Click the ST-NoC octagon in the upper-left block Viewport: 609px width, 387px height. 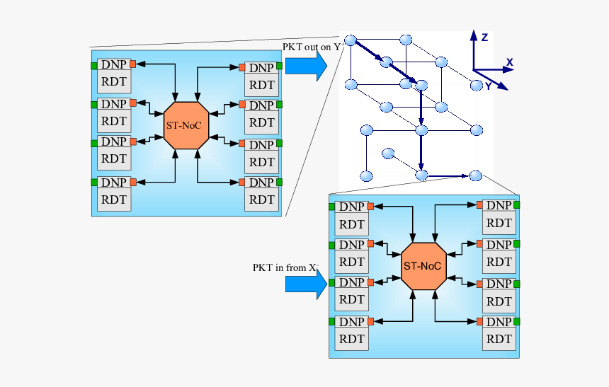(186, 125)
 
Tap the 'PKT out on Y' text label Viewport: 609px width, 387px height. (312, 47)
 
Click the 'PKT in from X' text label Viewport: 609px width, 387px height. (285, 267)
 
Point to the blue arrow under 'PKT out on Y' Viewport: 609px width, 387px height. (306, 66)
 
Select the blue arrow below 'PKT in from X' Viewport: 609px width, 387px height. (307, 284)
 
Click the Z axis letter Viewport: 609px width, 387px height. (484, 37)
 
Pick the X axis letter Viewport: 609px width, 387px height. (508, 63)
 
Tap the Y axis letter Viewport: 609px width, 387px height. (488, 86)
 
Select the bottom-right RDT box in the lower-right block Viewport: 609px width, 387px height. (499, 339)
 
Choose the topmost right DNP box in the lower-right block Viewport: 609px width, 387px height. (499, 205)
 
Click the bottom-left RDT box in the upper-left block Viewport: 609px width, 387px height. (113, 199)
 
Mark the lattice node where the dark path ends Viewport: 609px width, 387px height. (475, 175)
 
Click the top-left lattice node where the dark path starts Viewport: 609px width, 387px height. (349, 39)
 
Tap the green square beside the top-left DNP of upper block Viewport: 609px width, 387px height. (93, 66)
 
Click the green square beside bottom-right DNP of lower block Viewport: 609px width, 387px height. (517, 322)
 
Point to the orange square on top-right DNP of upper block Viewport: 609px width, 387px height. (241, 67)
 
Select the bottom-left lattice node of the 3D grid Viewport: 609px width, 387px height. (366, 175)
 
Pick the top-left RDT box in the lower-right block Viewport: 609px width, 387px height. (351, 224)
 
